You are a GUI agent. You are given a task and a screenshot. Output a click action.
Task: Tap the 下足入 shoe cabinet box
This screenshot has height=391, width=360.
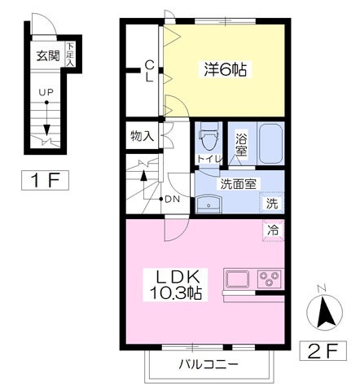click(x=70, y=55)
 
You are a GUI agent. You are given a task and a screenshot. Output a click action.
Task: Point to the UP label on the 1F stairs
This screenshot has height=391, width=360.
click(x=48, y=92)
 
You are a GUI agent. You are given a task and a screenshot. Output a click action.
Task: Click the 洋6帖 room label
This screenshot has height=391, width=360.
click(x=225, y=70)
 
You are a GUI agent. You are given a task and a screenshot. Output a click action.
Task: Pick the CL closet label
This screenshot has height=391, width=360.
click(x=150, y=72)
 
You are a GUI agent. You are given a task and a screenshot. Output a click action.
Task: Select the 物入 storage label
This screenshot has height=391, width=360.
click(x=142, y=137)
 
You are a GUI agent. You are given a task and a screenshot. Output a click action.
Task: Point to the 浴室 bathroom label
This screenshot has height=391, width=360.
click(x=242, y=143)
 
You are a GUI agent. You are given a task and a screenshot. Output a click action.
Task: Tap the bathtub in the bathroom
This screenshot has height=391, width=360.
click(x=270, y=144)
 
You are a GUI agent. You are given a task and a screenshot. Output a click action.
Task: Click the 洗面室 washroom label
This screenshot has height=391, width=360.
click(x=239, y=182)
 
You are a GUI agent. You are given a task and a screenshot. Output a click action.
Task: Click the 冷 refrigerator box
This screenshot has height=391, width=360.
click(x=272, y=231)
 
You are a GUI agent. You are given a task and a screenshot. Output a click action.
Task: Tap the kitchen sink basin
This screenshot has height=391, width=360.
click(x=239, y=278)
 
